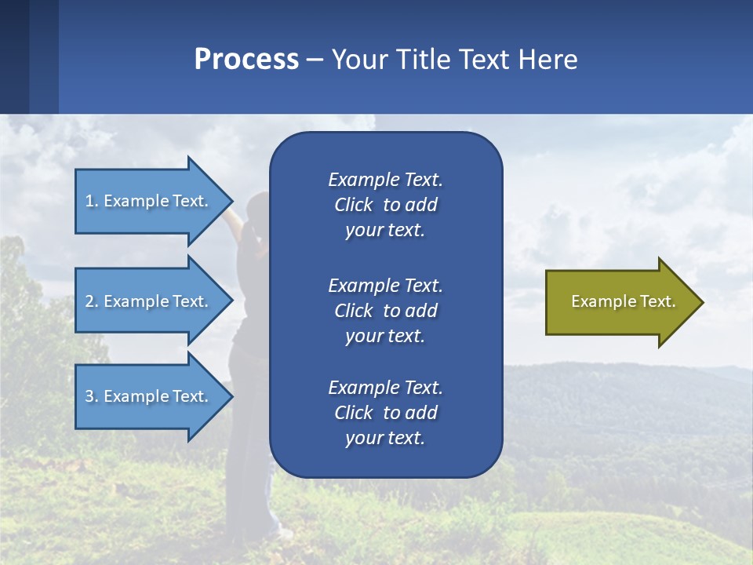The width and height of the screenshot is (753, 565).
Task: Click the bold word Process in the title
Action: (246, 60)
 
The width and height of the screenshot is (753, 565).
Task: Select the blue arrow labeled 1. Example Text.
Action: (149, 201)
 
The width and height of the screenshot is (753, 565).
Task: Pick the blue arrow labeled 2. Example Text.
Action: (149, 301)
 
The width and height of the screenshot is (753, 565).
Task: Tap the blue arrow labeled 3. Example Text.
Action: (149, 396)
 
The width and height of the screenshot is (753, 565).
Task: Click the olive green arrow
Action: (620, 302)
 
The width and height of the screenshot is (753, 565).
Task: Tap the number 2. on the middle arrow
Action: (92, 301)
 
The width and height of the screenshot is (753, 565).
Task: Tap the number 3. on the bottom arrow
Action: (92, 396)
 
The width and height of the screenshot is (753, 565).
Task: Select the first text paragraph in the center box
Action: (385, 205)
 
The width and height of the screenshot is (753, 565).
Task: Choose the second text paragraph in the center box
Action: (385, 311)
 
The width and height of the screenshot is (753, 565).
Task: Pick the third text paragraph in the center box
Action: (385, 413)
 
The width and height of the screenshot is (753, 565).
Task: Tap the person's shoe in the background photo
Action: (283, 534)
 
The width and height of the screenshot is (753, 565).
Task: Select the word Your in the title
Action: (357, 60)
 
